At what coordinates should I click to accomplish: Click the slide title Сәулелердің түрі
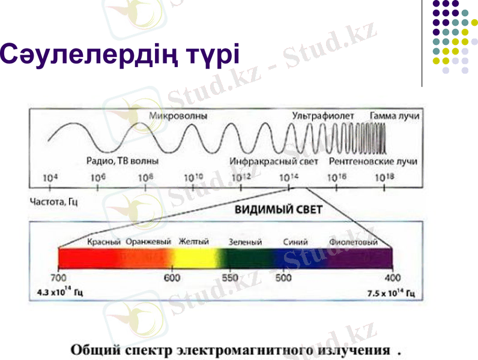tap(120, 55)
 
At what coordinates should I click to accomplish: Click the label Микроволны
tap(178, 116)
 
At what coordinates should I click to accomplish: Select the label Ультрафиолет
tap(323, 115)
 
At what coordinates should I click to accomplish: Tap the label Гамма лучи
tap(395, 115)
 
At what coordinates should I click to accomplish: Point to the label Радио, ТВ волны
tap(123, 161)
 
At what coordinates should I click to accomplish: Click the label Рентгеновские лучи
tap(373, 161)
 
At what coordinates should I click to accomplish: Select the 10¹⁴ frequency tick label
tap(289, 178)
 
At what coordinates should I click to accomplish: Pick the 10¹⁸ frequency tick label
tap(384, 178)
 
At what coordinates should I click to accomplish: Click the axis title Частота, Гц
tap(53, 202)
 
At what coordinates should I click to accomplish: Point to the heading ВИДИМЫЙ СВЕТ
tap(278, 210)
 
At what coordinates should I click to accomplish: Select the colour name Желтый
tap(193, 242)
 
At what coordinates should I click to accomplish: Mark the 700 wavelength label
tap(58, 278)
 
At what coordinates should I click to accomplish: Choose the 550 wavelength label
tap(231, 278)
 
